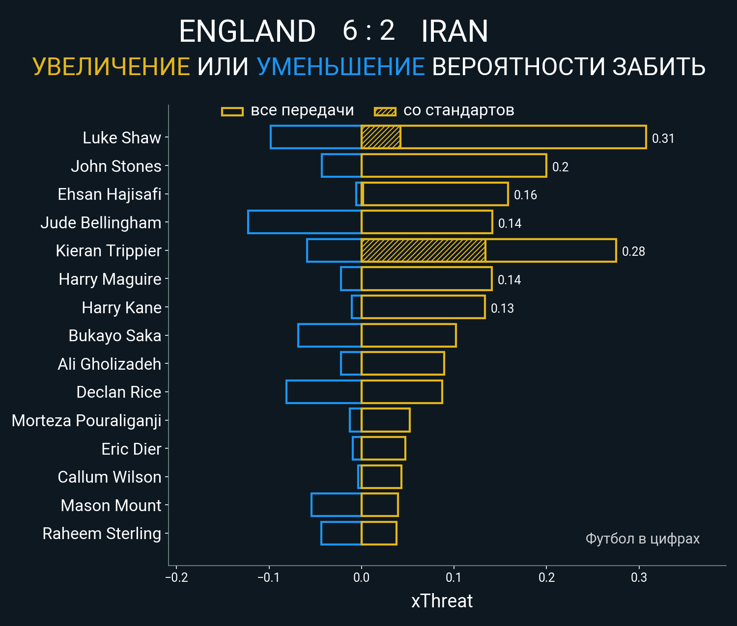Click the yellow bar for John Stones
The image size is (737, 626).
(454, 165)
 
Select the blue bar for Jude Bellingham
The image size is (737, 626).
(305, 222)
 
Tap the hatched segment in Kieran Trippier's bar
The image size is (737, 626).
(423, 250)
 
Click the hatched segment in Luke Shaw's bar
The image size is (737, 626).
(381, 137)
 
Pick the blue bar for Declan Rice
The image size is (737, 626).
(324, 392)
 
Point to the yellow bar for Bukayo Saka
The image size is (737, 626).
(408, 335)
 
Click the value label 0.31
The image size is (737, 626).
(663, 138)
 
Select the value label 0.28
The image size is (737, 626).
(633, 251)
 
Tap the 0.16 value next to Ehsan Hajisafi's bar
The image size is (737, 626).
(525, 195)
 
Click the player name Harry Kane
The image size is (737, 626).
(121, 307)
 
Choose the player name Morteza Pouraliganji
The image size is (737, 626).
(86, 421)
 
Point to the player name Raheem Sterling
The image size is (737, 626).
(102, 534)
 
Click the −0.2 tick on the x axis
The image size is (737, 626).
(176, 577)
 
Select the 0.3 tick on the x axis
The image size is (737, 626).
(639, 577)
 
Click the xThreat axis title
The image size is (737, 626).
(442, 601)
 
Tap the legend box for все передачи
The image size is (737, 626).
(232, 111)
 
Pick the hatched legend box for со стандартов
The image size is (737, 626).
(385, 111)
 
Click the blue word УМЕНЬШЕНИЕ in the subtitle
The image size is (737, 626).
(340, 67)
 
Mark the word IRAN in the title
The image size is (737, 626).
(454, 31)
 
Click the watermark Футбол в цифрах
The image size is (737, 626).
(642, 539)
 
